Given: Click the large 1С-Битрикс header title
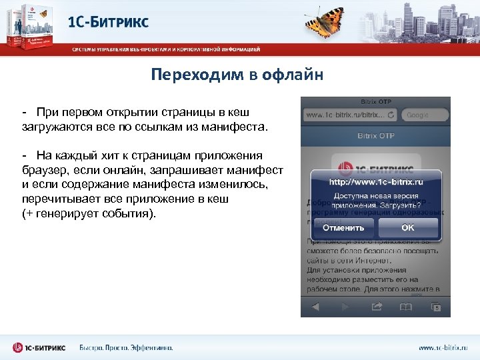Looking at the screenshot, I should [109, 22].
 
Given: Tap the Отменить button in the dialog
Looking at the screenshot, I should [343, 227].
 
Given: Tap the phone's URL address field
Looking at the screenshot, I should [345, 115].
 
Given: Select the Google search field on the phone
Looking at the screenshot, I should [424, 115].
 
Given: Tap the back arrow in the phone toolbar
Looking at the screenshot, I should [316, 307].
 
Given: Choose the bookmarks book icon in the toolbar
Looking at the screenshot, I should [405, 307].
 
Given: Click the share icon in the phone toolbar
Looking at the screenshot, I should [376, 307].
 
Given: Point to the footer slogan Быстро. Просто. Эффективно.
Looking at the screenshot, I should [126, 347].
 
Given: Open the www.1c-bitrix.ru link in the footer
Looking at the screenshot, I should [443, 348].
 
